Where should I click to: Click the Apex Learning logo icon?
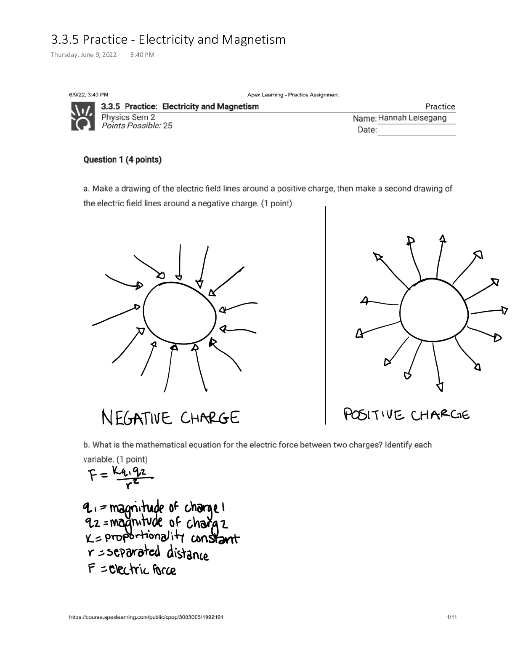coord(82,116)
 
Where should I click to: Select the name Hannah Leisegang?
coord(412,118)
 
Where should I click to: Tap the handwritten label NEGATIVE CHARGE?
coord(171,418)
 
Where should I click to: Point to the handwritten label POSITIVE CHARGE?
coord(406,415)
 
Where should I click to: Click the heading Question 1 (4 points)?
coord(122,160)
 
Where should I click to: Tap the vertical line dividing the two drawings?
coord(325,316)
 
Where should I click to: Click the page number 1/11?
coord(451,617)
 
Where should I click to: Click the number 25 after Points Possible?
coord(167,125)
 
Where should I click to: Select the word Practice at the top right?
coord(440,107)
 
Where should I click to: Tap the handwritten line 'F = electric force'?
coord(132,570)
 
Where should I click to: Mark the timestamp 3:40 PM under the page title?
coord(143,55)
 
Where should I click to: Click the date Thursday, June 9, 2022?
coord(84,55)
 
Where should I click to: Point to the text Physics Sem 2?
coord(128,117)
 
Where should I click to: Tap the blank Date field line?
coord(416,131)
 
